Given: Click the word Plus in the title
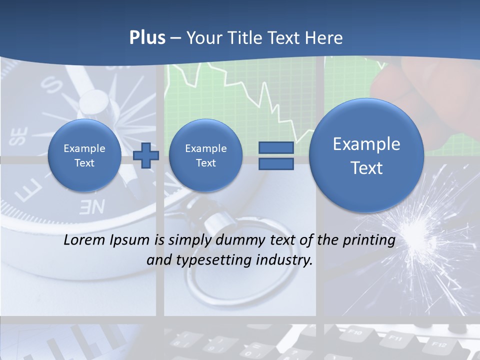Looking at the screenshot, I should (x=147, y=38).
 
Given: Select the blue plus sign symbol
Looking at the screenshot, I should (x=146, y=155).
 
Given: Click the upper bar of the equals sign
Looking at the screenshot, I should (x=275, y=147).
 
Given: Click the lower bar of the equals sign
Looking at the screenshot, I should (x=275, y=163).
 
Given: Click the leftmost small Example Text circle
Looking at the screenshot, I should (x=84, y=155).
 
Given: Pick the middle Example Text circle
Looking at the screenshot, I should (x=205, y=155).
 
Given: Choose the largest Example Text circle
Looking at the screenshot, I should (x=366, y=155).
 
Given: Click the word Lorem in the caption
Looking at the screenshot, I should (x=81, y=240).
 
